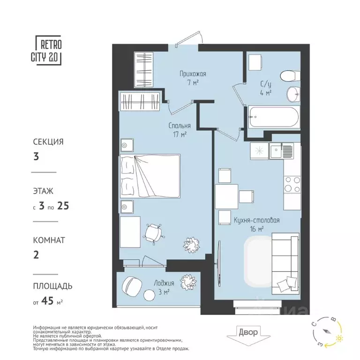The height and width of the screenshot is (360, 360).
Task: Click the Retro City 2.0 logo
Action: coord(48,50)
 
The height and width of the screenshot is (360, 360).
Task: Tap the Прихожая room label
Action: coord(193,78)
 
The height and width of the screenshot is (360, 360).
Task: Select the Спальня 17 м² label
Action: coord(180,130)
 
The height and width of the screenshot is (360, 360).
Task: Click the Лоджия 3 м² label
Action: coord(163,287)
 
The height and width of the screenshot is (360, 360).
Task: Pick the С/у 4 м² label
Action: coord(266,88)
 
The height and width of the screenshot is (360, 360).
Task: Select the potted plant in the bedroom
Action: coord(192,243)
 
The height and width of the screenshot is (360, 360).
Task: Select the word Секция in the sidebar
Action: coord(48,141)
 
